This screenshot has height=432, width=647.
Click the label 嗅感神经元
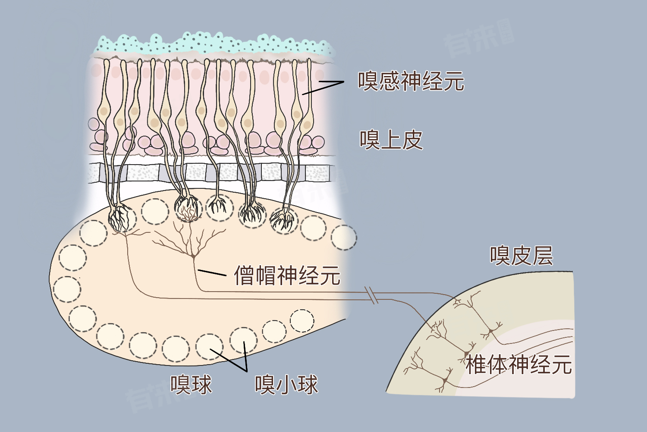[411, 81]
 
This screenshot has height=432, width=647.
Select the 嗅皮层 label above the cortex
[521, 255]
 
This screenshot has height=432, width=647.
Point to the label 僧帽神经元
[287, 275]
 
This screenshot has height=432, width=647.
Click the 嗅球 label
[191, 384]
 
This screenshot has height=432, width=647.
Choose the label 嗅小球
[286, 384]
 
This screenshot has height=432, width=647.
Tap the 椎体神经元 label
[519, 364]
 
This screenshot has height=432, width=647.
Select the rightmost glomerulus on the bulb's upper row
[344, 237]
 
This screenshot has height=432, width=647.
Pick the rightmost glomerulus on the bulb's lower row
[302, 320]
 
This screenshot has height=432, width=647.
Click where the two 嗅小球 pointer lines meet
[246, 371]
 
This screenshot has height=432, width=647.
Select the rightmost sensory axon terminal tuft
[283, 220]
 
